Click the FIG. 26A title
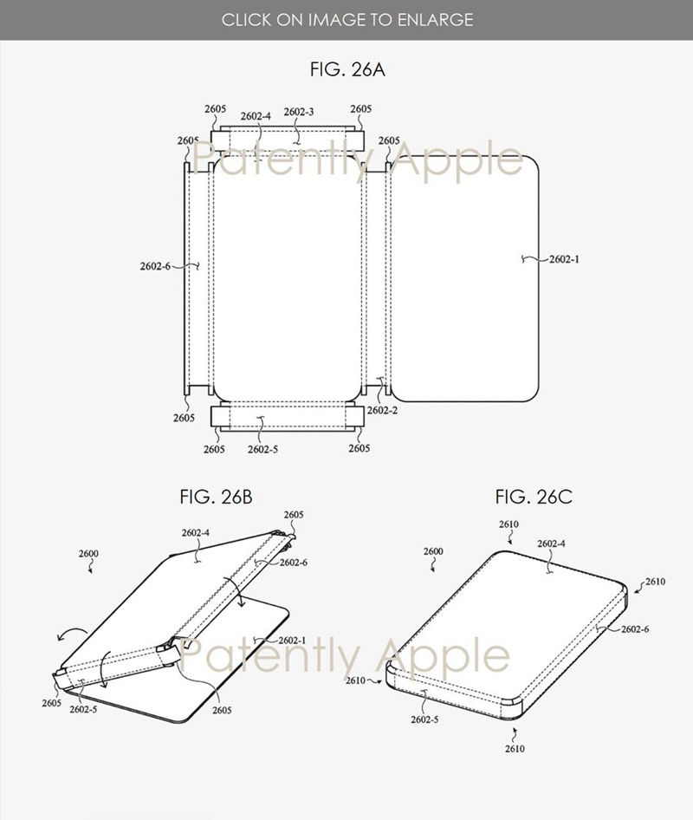pyautogui.click(x=347, y=69)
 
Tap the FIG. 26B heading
pyautogui.click(x=216, y=497)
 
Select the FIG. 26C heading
pyautogui.click(x=534, y=497)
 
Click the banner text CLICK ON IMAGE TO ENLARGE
pyautogui.click(x=347, y=20)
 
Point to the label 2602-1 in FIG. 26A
pyautogui.click(x=564, y=259)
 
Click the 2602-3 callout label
pyautogui.click(x=299, y=112)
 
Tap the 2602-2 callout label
pyautogui.click(x=382, y=411)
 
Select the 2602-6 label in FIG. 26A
pyautogui.click(x=155, y=266)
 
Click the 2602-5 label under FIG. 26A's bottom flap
pyautogui.click(x=262, y=450)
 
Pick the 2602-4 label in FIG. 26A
pyautogui.click(x=256, y=116)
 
